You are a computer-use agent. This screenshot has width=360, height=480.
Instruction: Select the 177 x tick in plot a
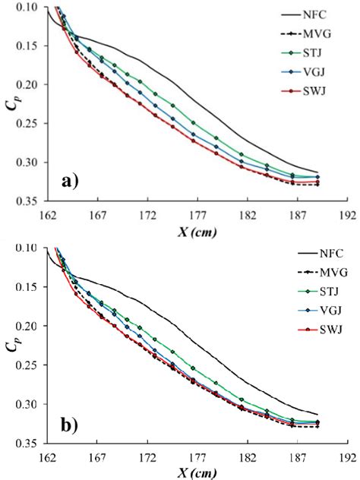click(x=197, y=214)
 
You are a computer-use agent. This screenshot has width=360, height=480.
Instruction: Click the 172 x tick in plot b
click(x=147, y=458)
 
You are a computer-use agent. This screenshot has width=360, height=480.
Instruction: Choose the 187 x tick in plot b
click(x=295, y=458)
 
